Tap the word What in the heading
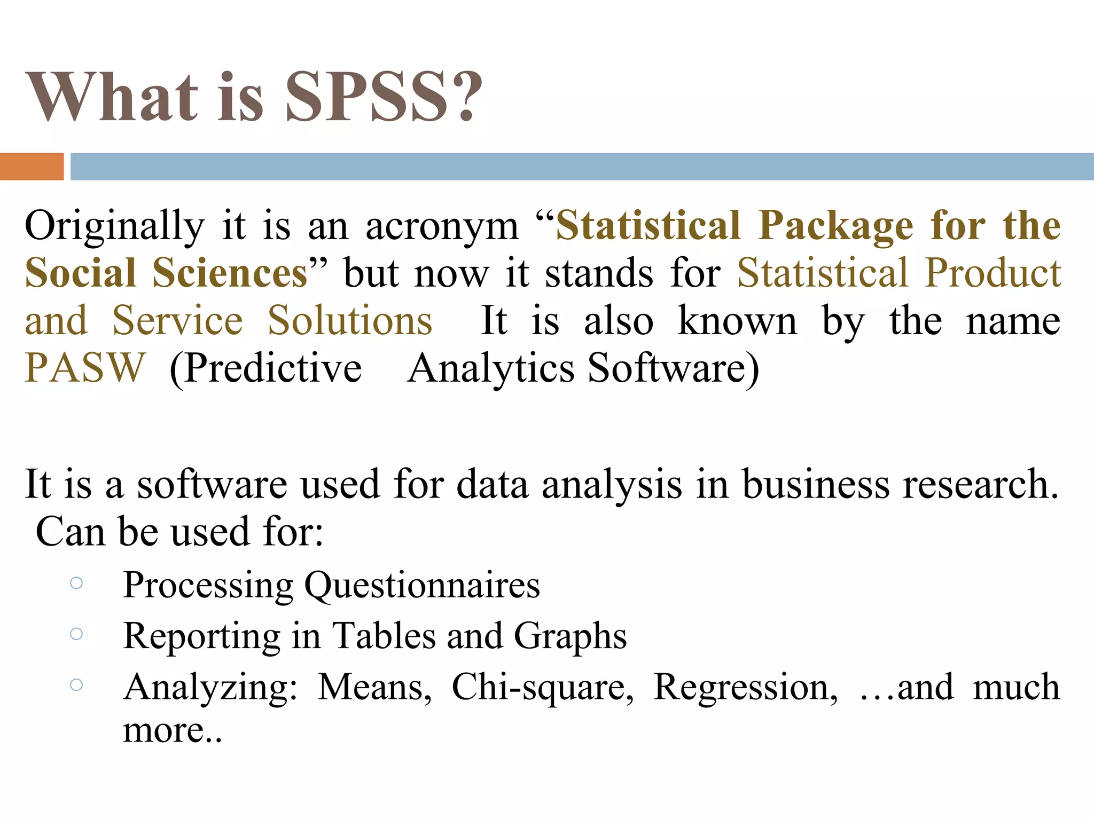pos(112,97)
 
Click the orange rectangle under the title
pos(32,167)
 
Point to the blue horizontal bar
pos(581,167)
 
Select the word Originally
pos(115,226)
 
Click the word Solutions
pos(350,321)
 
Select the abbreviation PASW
pos(85,368)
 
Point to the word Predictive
pos(265,368)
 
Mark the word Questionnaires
pos(422,585)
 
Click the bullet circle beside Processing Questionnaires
pos(76,583)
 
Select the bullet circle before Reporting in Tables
pos(76,634)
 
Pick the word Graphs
pos(570,636)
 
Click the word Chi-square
pos(542,687)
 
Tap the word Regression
pos(746,687)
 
